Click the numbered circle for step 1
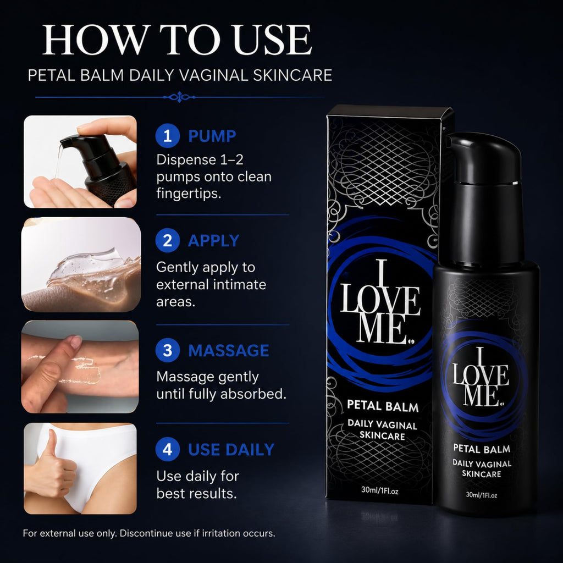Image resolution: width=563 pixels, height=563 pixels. point(167,136)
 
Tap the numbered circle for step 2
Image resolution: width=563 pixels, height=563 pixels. point(167,240)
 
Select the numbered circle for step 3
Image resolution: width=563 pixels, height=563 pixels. point(167,350)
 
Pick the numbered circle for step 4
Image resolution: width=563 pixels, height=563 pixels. point(167,449)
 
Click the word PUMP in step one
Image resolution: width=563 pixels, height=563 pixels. point(212,136)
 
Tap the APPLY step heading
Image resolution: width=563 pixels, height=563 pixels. point(214,241)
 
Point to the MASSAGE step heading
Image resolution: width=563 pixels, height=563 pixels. point(228,350)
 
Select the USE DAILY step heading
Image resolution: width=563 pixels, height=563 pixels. point(231,450)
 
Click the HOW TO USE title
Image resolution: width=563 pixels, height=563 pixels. point(176,40)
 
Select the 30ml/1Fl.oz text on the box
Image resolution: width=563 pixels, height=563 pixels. point(379,490)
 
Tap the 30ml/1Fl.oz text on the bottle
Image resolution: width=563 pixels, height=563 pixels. point(481,495)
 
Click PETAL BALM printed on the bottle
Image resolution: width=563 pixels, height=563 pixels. point(482,449)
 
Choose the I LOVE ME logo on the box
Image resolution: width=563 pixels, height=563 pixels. point(379,302)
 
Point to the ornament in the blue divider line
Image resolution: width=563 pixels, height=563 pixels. point(179,97)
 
